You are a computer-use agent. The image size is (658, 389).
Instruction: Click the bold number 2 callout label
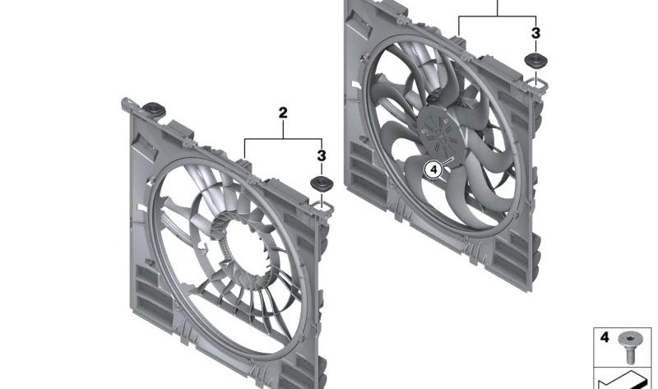click(283, 113)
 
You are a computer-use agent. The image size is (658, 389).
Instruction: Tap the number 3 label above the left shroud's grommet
click(322, 155)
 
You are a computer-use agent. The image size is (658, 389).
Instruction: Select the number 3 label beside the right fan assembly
click(535, 34)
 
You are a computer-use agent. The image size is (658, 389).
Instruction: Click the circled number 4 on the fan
click(433, 169)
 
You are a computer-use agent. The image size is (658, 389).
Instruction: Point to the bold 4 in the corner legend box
click(605, 337)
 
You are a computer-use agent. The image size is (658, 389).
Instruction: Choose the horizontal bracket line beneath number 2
click(284, 141)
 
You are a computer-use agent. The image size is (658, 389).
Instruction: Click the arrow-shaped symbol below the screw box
click(625, 379)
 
